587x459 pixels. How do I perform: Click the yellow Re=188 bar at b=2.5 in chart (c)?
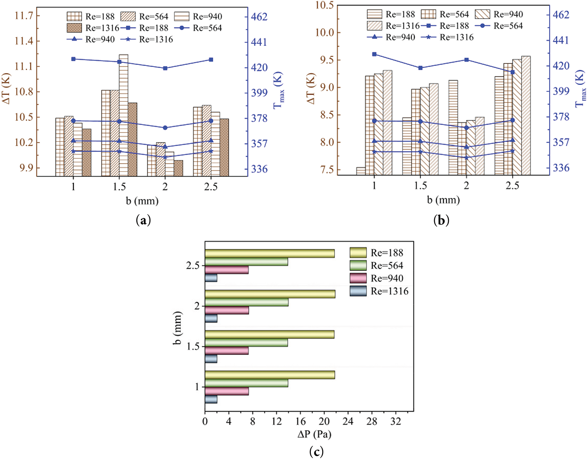click(x=270, y=254)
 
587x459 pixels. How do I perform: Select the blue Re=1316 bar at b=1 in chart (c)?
click(x=211, y=399)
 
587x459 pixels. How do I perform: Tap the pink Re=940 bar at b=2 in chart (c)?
click(x=227, y=310)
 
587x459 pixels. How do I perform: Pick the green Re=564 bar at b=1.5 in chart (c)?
click(x=246, y=342)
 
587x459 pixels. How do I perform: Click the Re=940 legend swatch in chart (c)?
click(x=358, y=278)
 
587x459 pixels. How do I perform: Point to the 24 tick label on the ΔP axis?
click(x=348, y=421)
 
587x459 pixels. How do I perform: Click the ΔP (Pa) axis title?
click(x=314, y=435)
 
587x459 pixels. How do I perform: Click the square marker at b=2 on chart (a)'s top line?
click(x=165, y=68)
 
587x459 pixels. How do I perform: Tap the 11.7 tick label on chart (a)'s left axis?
click(x=24, y=16)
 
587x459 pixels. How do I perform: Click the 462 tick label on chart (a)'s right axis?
click(x=259, y=17)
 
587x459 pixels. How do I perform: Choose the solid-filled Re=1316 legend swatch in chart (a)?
click(x=74, y=28)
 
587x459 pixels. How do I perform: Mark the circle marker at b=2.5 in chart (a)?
click(x=211, y=121)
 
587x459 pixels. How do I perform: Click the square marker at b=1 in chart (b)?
click(x=374, y=54)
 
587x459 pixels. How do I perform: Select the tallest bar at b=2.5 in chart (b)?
click(x=526, y=115)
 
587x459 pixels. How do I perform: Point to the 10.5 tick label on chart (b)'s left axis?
click(x=324, y=5)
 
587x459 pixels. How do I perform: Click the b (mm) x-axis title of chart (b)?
click(x=443, y=200)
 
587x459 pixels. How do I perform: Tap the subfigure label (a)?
click(x=143, y=220)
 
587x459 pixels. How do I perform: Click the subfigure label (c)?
click(x=316, y=452)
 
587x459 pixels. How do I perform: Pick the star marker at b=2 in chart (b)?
click(x=466, y=157)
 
